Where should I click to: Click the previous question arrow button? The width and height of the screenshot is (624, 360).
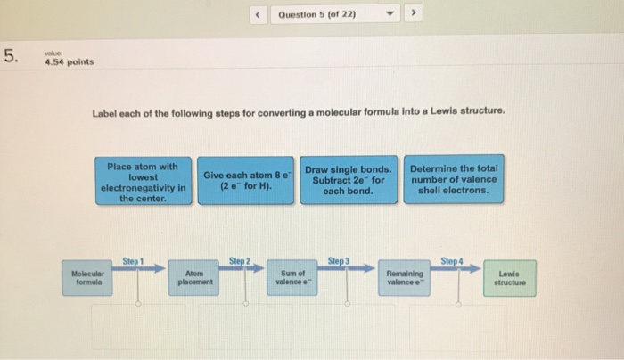click(256, 14)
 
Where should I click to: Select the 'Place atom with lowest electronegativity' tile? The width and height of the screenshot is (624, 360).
click(144, 182)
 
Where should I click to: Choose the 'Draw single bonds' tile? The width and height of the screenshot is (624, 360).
click(348, 182)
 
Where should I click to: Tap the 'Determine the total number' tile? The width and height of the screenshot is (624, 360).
click(453, 182)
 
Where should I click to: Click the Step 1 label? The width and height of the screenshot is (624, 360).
click(133, 258)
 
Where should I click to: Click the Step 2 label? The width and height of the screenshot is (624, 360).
click(239, 258)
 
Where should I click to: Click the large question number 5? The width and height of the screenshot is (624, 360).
click(11, 58)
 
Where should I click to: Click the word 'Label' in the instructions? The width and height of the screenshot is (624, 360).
click(104, 111)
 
